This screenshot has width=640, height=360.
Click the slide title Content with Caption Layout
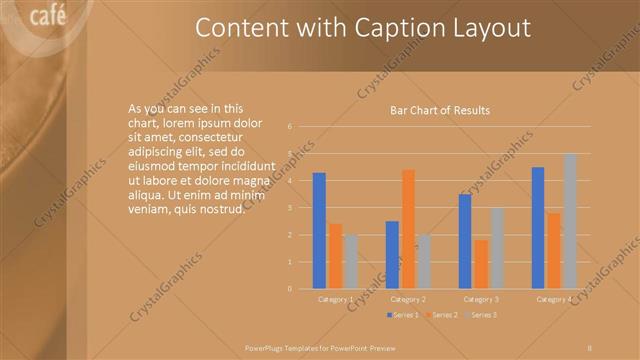point(362,28)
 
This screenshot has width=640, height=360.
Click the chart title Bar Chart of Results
point(439,110)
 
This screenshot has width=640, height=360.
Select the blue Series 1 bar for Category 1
point(319,230)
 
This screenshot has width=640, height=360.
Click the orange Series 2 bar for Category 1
point(335,255)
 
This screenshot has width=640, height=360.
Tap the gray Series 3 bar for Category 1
point(351,261)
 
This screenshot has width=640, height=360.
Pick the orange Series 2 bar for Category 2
point(408,229)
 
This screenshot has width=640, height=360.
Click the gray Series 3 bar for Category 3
point(497,248)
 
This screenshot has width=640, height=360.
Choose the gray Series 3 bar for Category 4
point(570,221)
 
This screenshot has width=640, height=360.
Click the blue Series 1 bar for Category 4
point(538,227)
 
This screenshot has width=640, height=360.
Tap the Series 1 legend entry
point(403,315)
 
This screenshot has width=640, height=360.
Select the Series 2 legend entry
point(443,315)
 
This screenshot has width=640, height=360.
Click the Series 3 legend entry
point(482,315)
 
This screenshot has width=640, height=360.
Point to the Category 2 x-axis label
point(408,299)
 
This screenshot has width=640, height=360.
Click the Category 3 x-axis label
point(481,299)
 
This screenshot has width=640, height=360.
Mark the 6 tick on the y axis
point(289,127)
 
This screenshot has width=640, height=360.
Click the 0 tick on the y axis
point(289,289)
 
